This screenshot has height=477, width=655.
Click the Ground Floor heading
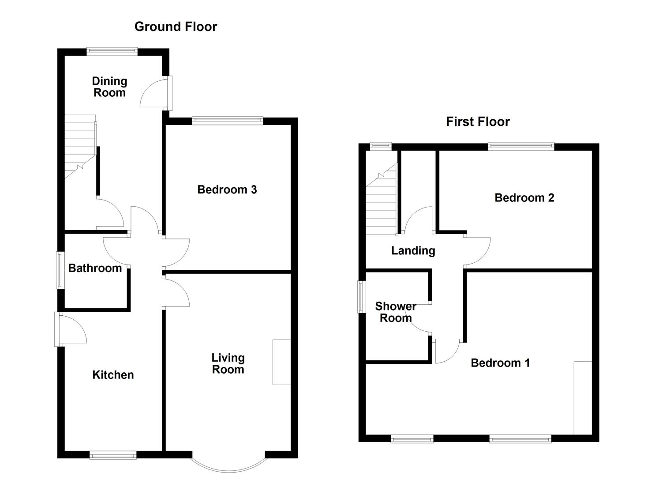176,27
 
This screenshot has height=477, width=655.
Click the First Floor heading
478,122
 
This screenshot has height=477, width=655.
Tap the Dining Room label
109,87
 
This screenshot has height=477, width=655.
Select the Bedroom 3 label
227,190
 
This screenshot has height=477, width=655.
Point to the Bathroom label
95,269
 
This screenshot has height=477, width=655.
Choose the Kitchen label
113,375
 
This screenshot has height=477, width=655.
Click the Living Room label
228,364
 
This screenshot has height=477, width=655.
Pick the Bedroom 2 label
524,198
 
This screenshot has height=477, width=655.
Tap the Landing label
413,251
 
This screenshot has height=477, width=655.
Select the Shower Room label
396,312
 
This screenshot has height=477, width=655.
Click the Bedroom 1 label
500,363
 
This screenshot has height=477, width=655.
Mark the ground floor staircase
80,146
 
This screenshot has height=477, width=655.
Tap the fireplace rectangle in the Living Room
281,362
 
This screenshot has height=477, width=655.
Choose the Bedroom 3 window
228,120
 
